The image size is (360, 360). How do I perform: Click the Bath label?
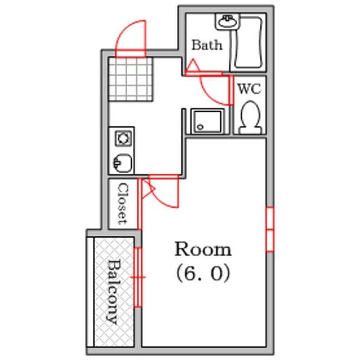click(x=206, y=45)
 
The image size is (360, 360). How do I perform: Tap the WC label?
click(x=249, y=89)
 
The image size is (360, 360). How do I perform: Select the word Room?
click(x=203, y=248)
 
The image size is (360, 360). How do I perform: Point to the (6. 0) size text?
click(x=203, y=274)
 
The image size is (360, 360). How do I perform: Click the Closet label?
click(x=122, y=203)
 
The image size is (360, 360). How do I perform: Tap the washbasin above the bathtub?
click(x=227, y=22)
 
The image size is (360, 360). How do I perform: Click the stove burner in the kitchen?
click(x=122, y=139)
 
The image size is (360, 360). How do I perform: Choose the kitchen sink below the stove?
click(x=122, y=161)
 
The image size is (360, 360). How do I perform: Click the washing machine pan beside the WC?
click(x=207, y=121)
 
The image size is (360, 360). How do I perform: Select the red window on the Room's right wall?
click(x=269, y=229)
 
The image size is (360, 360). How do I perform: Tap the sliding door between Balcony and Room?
click(x=139, y=276)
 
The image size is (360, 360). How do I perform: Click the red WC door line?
click(x=232, y=90)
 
